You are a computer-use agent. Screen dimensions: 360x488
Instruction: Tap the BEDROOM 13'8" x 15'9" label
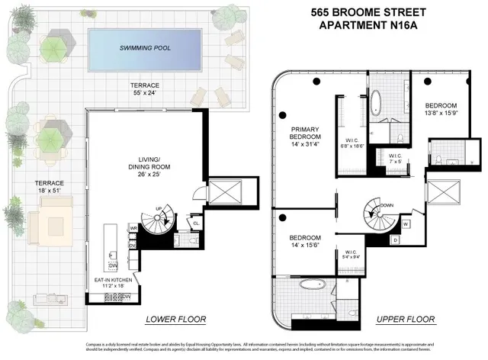coord(441,109)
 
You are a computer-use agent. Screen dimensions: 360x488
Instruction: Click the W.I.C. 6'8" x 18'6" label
coord(353,143)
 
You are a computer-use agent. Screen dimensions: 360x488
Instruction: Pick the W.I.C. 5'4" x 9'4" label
coord(352,255)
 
